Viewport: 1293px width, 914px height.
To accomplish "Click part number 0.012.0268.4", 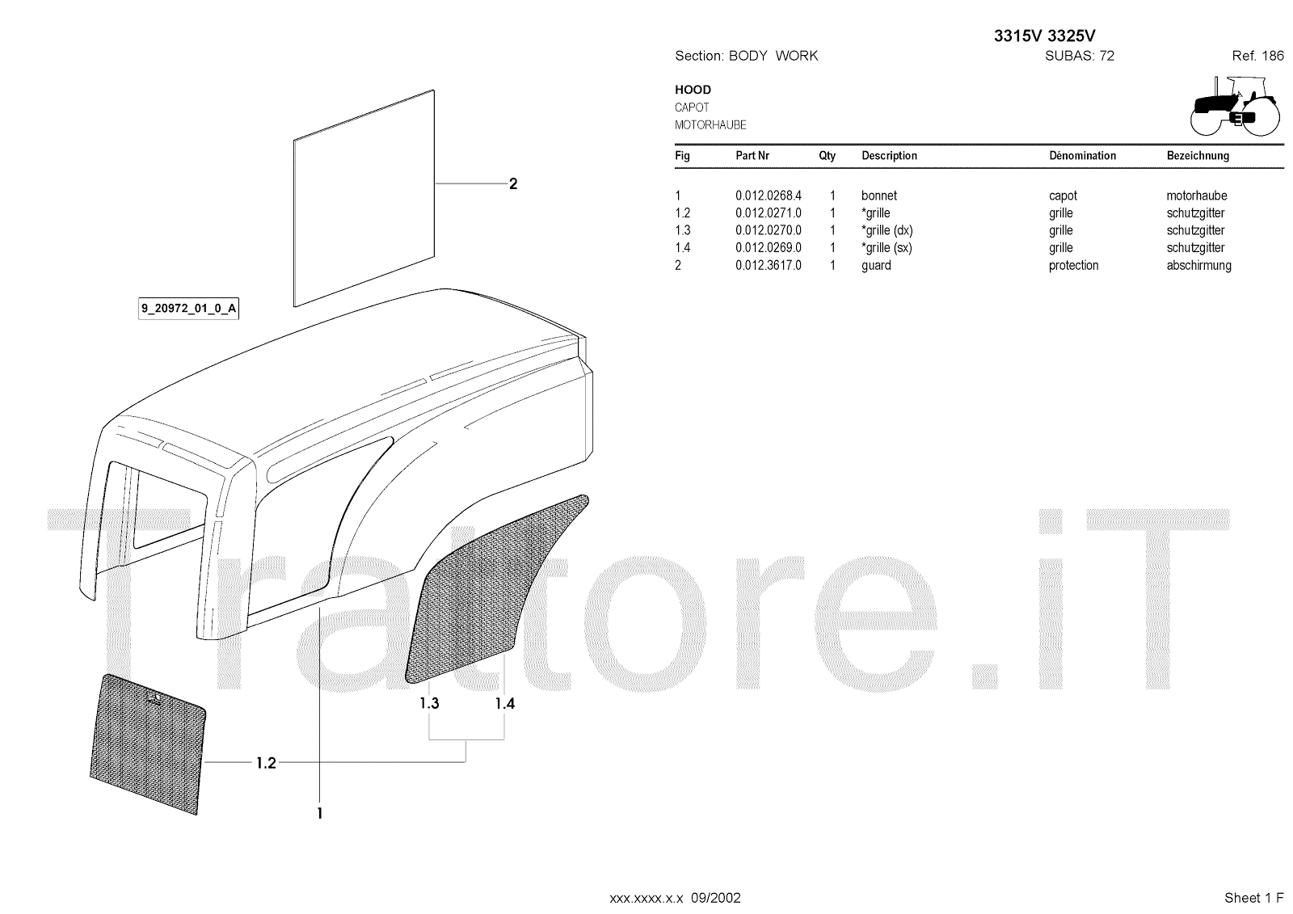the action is point(768,196).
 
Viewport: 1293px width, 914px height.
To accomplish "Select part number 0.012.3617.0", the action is point(768,265).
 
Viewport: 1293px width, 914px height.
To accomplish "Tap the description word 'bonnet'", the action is point(878,196).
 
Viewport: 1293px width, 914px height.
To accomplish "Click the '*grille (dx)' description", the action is point(887,230).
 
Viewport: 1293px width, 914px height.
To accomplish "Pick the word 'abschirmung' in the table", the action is point(1198,265).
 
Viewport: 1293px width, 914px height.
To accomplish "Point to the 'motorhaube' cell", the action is point(1196,196).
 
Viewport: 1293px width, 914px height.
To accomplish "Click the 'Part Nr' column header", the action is point(752,155).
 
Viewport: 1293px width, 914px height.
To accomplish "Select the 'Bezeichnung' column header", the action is point(1197,155).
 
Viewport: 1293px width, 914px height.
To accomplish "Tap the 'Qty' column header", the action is point(827,155).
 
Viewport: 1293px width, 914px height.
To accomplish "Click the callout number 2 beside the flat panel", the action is point(512,184).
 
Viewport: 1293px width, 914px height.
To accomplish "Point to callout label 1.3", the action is point(429,703).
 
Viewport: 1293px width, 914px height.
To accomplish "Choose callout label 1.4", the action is point(504,703).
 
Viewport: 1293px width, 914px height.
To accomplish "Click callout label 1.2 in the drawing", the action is point(266,762).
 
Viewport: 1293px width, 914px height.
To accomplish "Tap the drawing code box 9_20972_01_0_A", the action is point(189,309).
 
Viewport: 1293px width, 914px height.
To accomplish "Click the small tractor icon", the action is point(1235,106).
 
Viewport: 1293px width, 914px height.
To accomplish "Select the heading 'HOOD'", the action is point(693,90).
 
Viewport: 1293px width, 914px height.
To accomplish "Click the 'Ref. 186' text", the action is point(1257,56).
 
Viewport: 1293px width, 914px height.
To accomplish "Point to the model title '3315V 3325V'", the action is point(1044,36).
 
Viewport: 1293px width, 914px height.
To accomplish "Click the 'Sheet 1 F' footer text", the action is point(1253,897).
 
